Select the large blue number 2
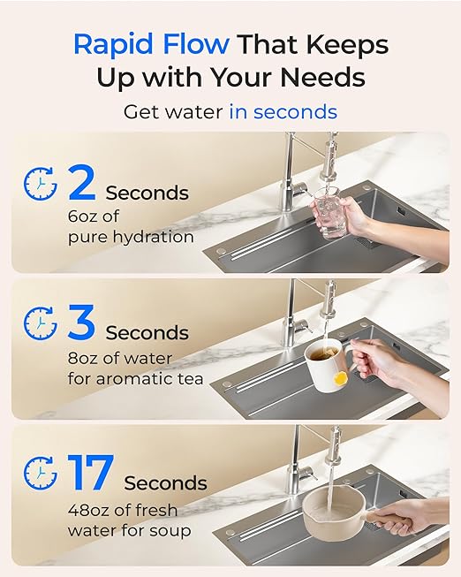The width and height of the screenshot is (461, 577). (x=81, y=183)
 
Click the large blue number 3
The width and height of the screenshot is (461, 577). (x=81, y=323)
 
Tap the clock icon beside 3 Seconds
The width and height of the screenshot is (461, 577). (x=40, y=324)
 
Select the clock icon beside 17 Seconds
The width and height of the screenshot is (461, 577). (x=40, y=474)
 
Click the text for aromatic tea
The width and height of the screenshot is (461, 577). (x=135, y=379)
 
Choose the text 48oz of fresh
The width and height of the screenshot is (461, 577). (x=123, y=511)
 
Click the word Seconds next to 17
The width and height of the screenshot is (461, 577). (x=165, y=483)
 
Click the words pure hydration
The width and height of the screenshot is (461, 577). (x=130, y=237)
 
